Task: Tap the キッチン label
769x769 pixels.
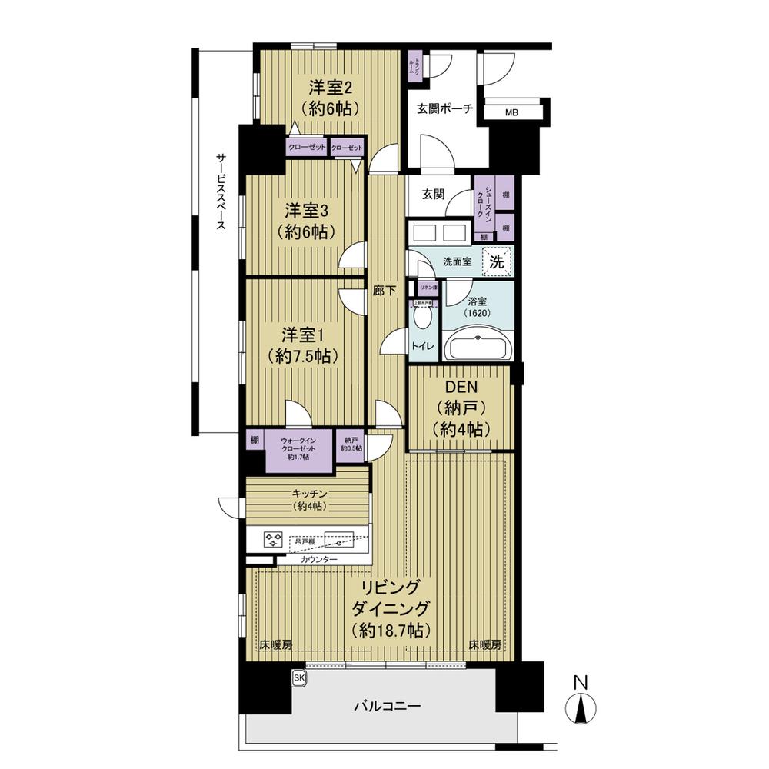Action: [308, 499]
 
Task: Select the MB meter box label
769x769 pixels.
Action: [511, 113]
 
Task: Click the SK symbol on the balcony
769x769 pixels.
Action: [298, 677]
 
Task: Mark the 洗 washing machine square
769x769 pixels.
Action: [498, 261]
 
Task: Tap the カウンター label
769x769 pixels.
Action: [318, 559]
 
